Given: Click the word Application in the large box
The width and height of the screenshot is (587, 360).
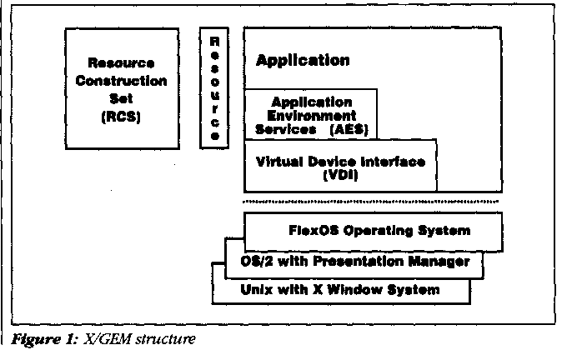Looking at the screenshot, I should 303,60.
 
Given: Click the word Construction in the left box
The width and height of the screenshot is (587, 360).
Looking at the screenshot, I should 121,81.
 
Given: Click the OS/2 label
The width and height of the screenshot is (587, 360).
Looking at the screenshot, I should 253,261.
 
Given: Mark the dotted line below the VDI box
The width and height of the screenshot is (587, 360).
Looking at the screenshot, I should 370,202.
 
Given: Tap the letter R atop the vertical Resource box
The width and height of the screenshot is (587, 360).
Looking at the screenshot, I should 214,39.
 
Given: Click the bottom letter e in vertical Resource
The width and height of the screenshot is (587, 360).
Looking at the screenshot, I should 214,135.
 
